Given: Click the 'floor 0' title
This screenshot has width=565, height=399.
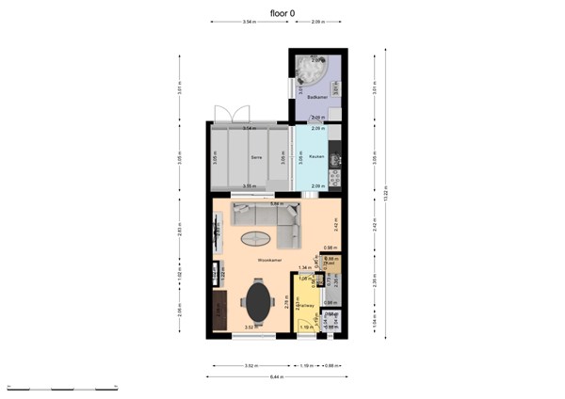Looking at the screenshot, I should (x=282, y=12).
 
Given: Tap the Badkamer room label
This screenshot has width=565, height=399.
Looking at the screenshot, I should (x=317, y=97).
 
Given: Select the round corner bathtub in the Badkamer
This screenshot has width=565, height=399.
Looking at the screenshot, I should (x=310, y=70).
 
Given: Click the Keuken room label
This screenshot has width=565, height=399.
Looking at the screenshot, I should (x=317, y=157).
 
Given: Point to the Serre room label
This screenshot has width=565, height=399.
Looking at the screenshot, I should (x=254, y=157).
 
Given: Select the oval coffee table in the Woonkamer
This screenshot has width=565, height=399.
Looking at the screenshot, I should (x=255, y=237).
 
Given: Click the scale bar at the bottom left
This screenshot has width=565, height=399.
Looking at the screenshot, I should (x=61, y=388).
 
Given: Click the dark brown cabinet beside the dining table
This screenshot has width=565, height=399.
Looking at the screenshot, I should (x=219, y=310).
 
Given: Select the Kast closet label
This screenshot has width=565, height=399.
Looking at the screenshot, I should (x=331, y=263).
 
